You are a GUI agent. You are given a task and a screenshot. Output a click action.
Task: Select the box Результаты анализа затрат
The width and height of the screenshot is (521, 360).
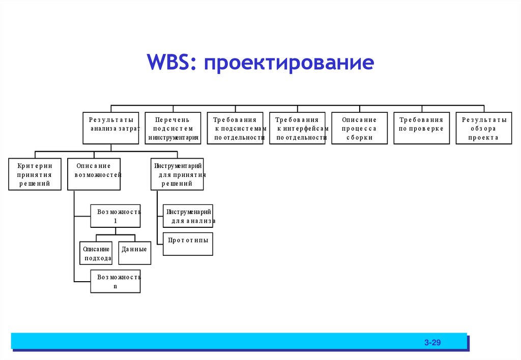(x=111, y=128)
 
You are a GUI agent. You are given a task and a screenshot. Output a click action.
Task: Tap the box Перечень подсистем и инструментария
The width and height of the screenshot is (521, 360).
(x=173, y=128)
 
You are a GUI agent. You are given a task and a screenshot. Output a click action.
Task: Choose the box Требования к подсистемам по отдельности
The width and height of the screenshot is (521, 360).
(x=235, y=128)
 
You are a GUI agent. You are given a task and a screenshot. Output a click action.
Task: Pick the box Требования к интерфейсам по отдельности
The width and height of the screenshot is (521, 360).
(x=298, y=128)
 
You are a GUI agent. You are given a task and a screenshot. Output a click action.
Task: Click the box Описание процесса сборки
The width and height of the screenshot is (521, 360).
(x=360, y=128)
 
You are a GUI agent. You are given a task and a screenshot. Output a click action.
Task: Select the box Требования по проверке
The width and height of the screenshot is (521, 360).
(x=422, y=128)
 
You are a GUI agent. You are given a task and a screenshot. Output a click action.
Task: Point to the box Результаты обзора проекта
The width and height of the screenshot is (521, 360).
(x=484, y=128)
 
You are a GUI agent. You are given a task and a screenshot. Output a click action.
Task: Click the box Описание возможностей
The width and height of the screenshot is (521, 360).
(x=94, y=174)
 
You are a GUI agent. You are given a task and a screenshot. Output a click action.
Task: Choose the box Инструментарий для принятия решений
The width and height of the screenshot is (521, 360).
(x=178, y=174)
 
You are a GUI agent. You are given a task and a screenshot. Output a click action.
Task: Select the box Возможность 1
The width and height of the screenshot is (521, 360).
(x=115, y=216)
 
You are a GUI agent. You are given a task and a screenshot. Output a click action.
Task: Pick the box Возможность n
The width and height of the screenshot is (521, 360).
(x=115, y=281)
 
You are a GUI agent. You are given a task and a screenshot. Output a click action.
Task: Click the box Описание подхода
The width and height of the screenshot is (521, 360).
(x=96, y=253)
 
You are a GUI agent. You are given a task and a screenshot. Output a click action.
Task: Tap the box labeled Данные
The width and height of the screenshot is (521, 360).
(x=135, y=253)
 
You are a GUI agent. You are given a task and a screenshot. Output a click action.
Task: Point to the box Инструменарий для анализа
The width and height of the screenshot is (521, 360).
(x=188, y=216)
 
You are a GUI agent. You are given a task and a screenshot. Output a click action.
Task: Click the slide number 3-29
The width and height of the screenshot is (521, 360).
(x=432, y=343)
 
